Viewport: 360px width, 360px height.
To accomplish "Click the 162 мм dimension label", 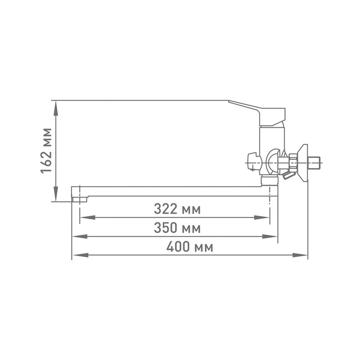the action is (46, 151).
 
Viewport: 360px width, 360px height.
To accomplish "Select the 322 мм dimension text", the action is (177, 209).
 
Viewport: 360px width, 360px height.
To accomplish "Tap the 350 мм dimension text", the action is (177, 228).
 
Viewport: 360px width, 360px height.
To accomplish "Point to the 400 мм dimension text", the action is (189, 247).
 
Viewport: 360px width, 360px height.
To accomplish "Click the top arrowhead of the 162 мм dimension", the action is (56, 108).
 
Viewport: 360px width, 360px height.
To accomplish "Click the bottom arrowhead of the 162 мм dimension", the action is (56, 194).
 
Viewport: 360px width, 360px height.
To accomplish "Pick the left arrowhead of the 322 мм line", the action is (88, 217).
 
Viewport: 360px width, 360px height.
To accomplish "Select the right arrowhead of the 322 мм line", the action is (261, 217).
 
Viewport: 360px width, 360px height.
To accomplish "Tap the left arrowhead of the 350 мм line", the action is (80, 237).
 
